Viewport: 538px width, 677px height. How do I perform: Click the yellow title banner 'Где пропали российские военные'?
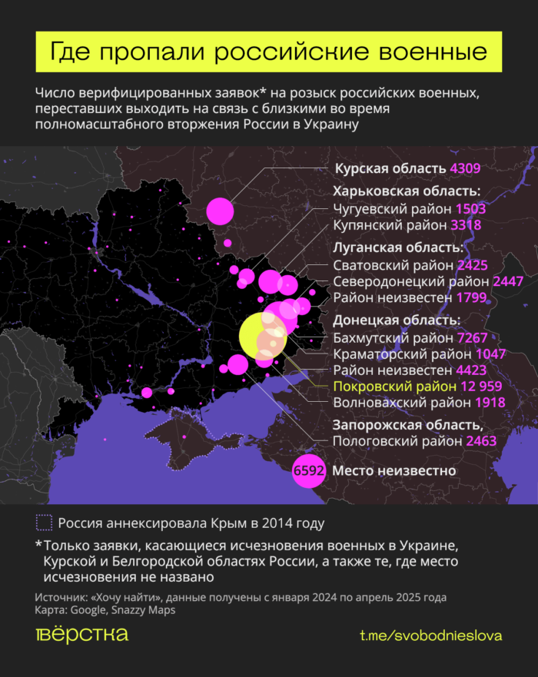coord(268,52)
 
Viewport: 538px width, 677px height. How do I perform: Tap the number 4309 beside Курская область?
coord(466,168)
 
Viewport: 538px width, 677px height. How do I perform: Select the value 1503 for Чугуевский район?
coord(470,209)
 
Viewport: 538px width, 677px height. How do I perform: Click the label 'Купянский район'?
coord(390,225)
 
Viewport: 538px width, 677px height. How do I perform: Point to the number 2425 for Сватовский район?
coord(473,265)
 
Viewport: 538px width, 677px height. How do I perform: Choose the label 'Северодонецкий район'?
coord(409,281)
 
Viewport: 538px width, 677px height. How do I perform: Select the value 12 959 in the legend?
coord(487,386)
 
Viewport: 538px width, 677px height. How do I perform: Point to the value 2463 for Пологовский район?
coord(481,441)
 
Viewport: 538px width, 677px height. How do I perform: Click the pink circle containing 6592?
coord(309,471)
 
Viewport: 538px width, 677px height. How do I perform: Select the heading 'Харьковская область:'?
coord(406,191)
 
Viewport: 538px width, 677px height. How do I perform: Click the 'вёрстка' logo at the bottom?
coord(81,635)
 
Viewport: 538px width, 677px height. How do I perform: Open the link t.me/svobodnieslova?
coord(430,636)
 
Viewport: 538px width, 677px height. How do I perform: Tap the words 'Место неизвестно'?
coord(394,470)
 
